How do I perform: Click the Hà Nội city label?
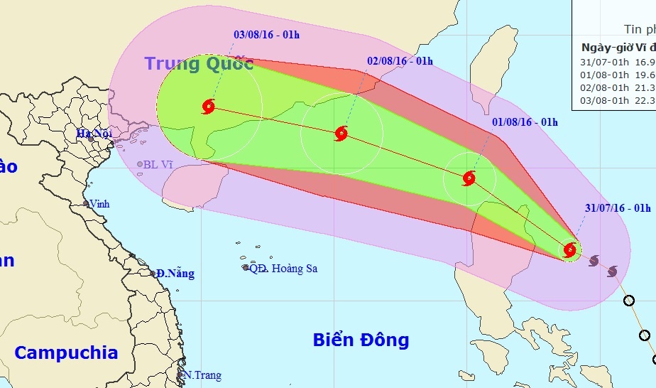(x=96, y=133)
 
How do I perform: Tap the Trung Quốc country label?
(x=199, y=63)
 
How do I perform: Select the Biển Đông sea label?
(x=361, y=340)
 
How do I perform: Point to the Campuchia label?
(x=66, y=352)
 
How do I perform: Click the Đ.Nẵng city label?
(x=175, y=274)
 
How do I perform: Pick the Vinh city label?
(x=99, y=204)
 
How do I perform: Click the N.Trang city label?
(x=202, y=375)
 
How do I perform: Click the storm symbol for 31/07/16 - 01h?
(x=569, y=249)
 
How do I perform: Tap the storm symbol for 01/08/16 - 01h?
(x=469, y=178)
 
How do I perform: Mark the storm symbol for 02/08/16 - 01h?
(x=341, y=133)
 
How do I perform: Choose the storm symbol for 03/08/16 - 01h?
(x=208, y=107)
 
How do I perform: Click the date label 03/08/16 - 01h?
(x=267, y=33)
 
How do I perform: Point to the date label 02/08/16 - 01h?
(x=400, y=61)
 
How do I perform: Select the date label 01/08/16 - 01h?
(x=525, y=122)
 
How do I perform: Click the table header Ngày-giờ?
(x=605, y=48)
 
